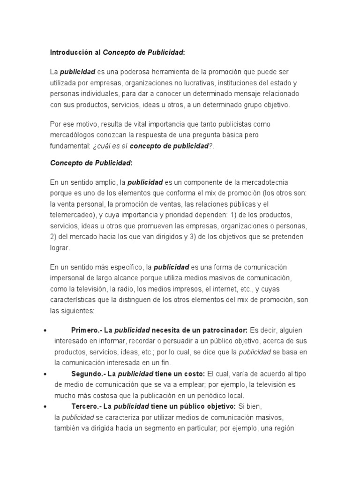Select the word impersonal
point(67,278)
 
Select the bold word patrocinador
point(223,330)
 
